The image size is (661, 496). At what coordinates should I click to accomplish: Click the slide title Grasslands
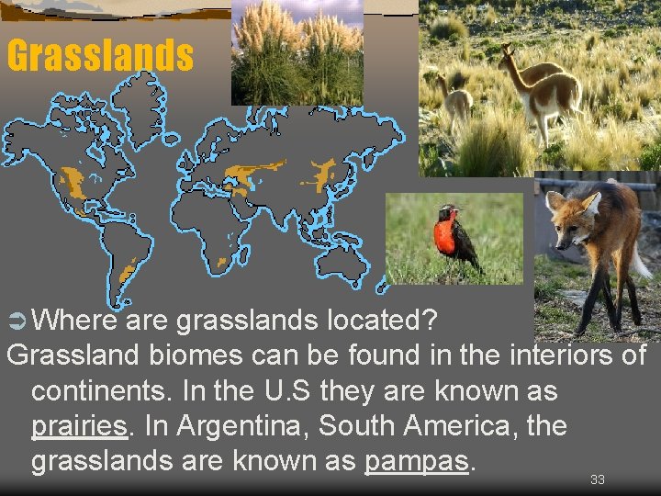[x=100, y=56]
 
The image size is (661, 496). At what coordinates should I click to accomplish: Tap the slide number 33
[x=598, y=479]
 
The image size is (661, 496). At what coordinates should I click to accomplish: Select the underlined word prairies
[x=78, y=427]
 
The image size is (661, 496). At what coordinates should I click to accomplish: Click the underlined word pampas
[x=419, y=461]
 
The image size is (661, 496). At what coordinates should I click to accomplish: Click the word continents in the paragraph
[x=95, y=391]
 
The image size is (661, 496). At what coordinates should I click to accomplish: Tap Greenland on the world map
[x=138, y=101]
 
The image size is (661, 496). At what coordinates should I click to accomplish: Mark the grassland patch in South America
[x=128, y=271]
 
